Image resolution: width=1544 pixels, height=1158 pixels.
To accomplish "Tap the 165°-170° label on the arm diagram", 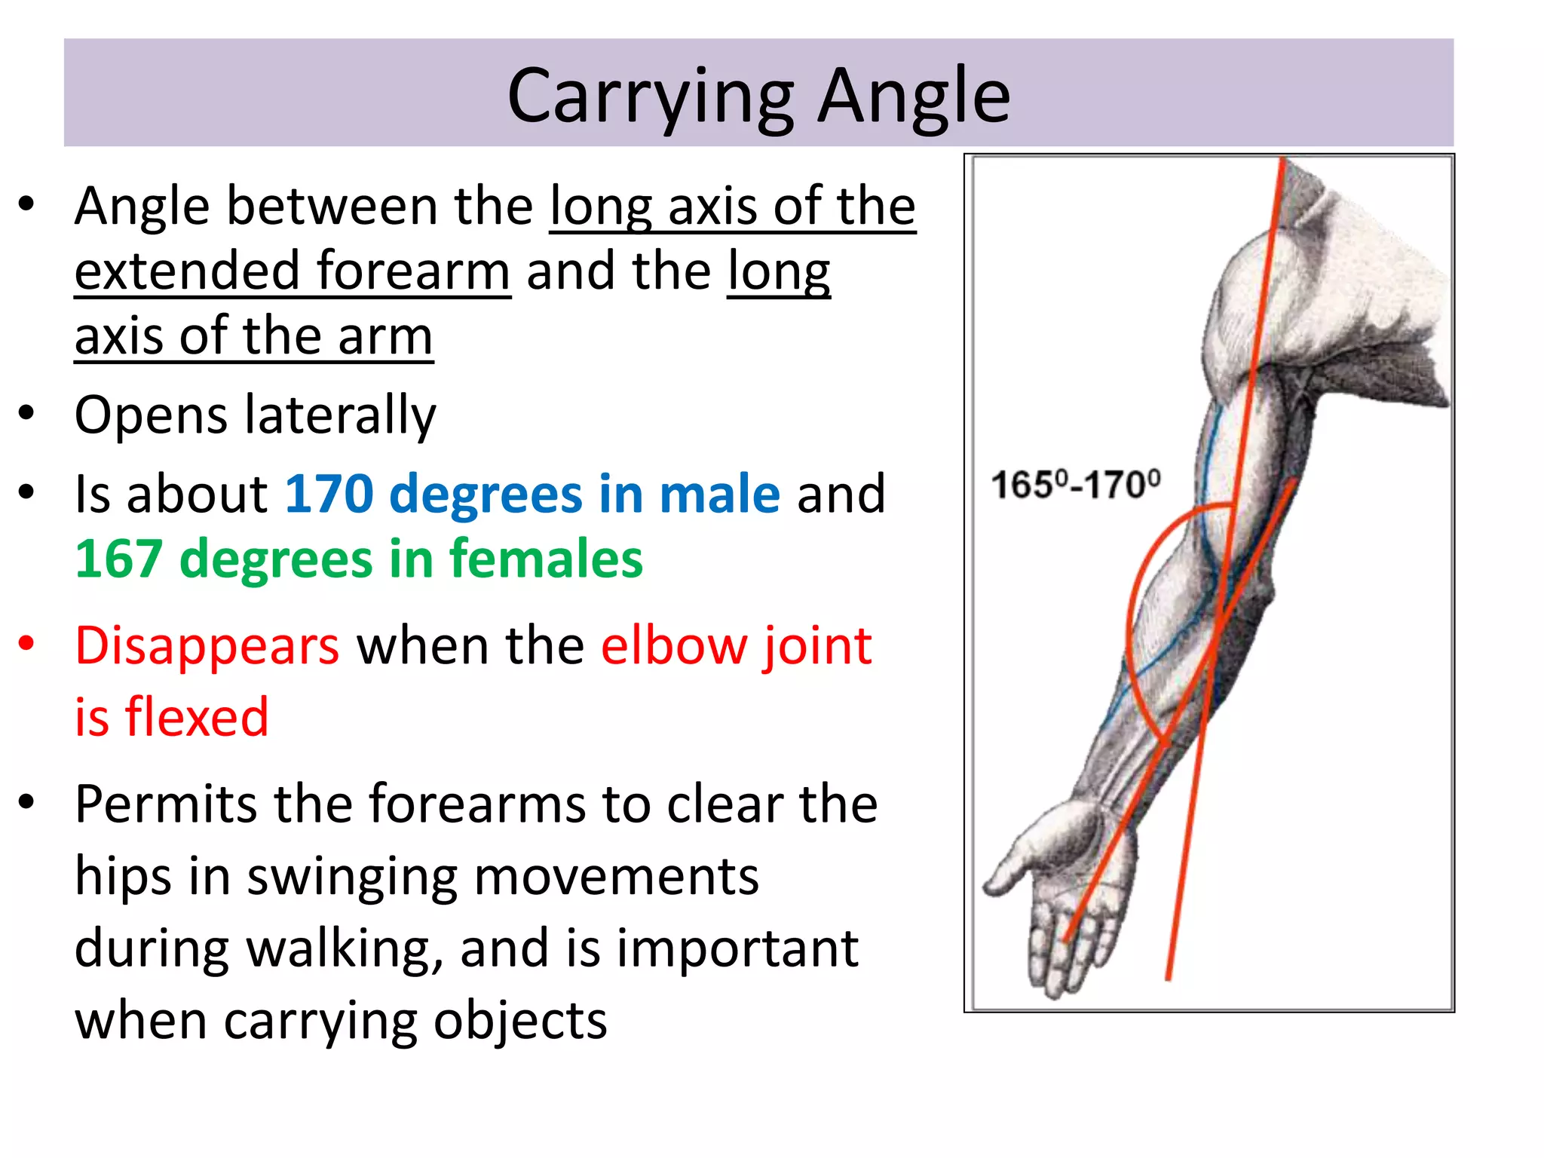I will click(1076, 484).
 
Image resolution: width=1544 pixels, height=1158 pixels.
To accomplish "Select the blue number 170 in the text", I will click(329, 495).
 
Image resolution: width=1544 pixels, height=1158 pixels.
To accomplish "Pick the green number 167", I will click(119, 559).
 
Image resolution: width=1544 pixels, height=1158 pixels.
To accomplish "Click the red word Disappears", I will click(207, 646).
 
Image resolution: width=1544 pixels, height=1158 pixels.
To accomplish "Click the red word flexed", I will click(197, 716).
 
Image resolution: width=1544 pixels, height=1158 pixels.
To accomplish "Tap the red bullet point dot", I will click(27, 643).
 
